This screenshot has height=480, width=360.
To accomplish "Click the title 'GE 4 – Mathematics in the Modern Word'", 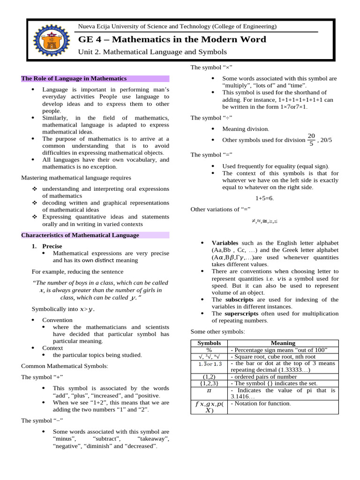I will (x=172, y=39).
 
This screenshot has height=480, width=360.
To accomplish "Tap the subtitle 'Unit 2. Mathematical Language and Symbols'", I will (x=152, y=52).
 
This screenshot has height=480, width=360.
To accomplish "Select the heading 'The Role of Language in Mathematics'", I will (x=74, y=78).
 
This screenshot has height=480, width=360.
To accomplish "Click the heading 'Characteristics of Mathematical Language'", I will (x=80, y=235).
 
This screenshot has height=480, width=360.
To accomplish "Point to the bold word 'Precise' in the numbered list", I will (x=52, y=246).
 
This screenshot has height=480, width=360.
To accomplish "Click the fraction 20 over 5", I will (x=311, y=140).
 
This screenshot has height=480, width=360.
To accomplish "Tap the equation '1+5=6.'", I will (x=264, y=198).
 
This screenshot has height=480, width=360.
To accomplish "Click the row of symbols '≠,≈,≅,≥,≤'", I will (x=264, y=221).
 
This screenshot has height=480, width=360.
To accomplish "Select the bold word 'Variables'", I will (x=225, y=243).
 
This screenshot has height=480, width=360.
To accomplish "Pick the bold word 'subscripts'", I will (x=240, y=300).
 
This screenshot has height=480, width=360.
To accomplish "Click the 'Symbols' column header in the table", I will (x=209, y=343).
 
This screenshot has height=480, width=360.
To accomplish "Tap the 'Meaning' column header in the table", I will (x=283, y=343).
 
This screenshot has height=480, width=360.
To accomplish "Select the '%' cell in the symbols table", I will (x=209, y=350).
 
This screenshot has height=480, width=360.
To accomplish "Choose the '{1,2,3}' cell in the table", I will (x=209, y=383).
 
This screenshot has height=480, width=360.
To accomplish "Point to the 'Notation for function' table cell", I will (x=261, y=404).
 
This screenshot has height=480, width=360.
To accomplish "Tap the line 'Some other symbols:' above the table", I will (x=217, y=331).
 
